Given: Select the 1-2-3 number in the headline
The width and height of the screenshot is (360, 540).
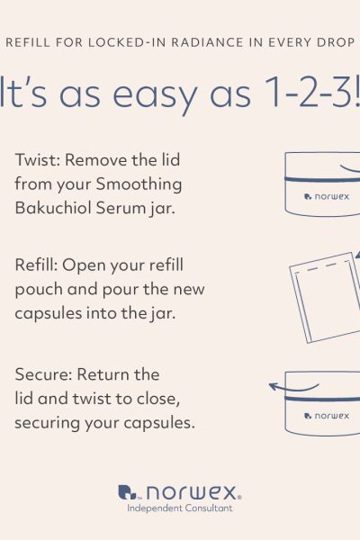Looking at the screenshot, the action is pos(308,92).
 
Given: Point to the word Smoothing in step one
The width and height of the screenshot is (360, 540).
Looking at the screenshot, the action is pos(139,184).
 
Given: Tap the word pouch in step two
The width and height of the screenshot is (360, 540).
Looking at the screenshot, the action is pos(39,290).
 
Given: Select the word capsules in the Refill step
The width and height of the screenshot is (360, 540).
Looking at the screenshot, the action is pos(49,314).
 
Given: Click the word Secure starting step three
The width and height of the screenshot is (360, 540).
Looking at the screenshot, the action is pos(43,374).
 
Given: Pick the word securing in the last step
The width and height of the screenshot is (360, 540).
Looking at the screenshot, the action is pos(47,423).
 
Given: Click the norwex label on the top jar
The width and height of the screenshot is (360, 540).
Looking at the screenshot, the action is pos(327,196).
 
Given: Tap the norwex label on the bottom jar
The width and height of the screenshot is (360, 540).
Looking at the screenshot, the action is pos(327,416).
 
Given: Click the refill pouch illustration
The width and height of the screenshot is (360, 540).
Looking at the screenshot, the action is pos(325,298).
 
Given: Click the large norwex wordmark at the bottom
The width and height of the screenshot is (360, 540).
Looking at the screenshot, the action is pos(192,493).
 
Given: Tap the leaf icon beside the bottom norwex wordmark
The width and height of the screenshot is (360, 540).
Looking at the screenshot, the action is pos(127,491).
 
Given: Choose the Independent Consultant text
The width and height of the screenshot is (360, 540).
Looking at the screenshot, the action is pos(180,508).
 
